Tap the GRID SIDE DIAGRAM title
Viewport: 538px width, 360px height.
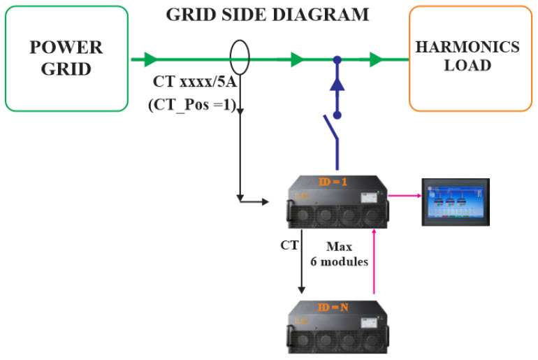(x=267, y=15)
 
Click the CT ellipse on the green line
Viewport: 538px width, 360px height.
(x=240, y=59)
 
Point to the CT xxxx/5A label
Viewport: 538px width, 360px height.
(x=195, y=82)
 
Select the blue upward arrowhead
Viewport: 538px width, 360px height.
(x=337, y=83)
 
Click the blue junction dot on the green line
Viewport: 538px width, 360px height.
(x=337, y=59)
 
